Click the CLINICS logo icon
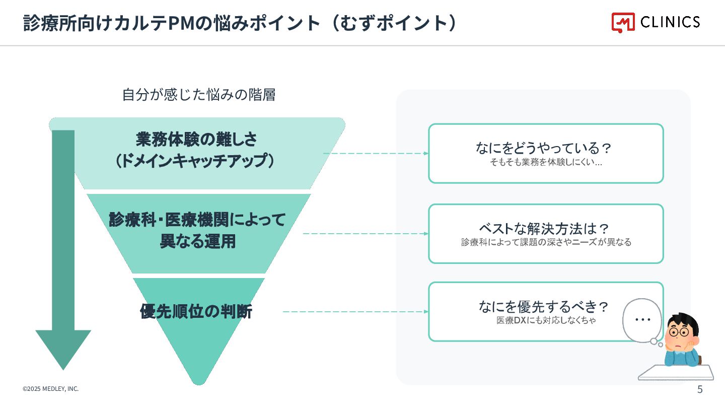coord(623,22)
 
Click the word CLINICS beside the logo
coord(670,22)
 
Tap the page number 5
coord(700,389)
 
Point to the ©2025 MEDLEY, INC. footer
coord(50,389)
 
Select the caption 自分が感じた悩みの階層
coord(199,95)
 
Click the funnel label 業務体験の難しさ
coord(196,139)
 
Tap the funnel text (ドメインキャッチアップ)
coord(196,161)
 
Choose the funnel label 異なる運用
coord(197,242)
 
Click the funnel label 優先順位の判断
coord(196,312)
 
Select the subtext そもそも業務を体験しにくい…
coord(546,162)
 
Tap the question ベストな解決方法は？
coord(546,229)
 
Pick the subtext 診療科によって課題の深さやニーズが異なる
coord(546,242)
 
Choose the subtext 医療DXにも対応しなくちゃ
coord(546,320)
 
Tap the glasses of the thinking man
coord(681,332)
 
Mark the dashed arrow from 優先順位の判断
coord(355,312)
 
